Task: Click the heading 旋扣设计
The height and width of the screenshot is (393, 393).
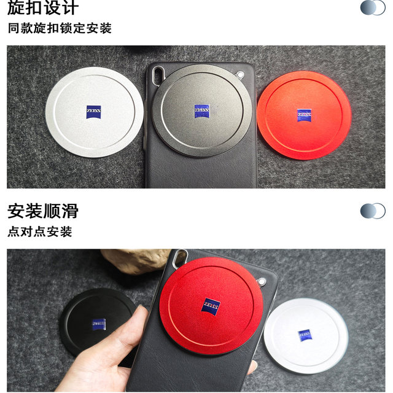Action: pos(43,8)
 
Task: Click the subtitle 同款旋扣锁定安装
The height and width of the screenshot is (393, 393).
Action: pos(60,28)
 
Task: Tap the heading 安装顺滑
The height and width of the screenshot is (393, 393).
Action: pos(43,211)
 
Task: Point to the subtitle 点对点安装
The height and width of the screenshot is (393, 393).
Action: pos(40,232)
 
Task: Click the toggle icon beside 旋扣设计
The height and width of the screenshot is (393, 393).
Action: pos(372,7)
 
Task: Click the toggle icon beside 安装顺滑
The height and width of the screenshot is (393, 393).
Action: pos(372,211)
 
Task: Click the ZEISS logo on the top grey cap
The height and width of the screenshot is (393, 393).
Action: pos(202,111)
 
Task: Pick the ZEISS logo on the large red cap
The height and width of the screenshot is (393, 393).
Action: pos(212,306)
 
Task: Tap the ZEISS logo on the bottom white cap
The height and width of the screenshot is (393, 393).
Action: pos(305,335)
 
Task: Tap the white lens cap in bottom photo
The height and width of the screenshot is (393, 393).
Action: pos(305,334)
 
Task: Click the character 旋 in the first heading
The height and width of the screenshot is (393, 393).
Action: pos(17,8)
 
